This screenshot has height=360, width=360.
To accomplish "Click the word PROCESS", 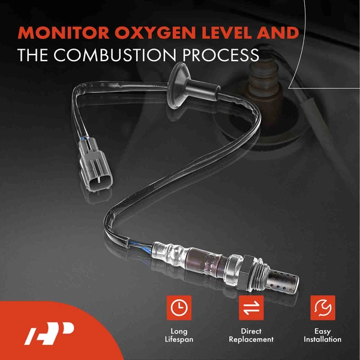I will (217, 55).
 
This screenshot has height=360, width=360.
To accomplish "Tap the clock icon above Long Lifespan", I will (179, 308).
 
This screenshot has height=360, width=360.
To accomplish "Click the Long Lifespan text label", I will (179, 335).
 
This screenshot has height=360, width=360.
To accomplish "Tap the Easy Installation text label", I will (322, 335).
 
